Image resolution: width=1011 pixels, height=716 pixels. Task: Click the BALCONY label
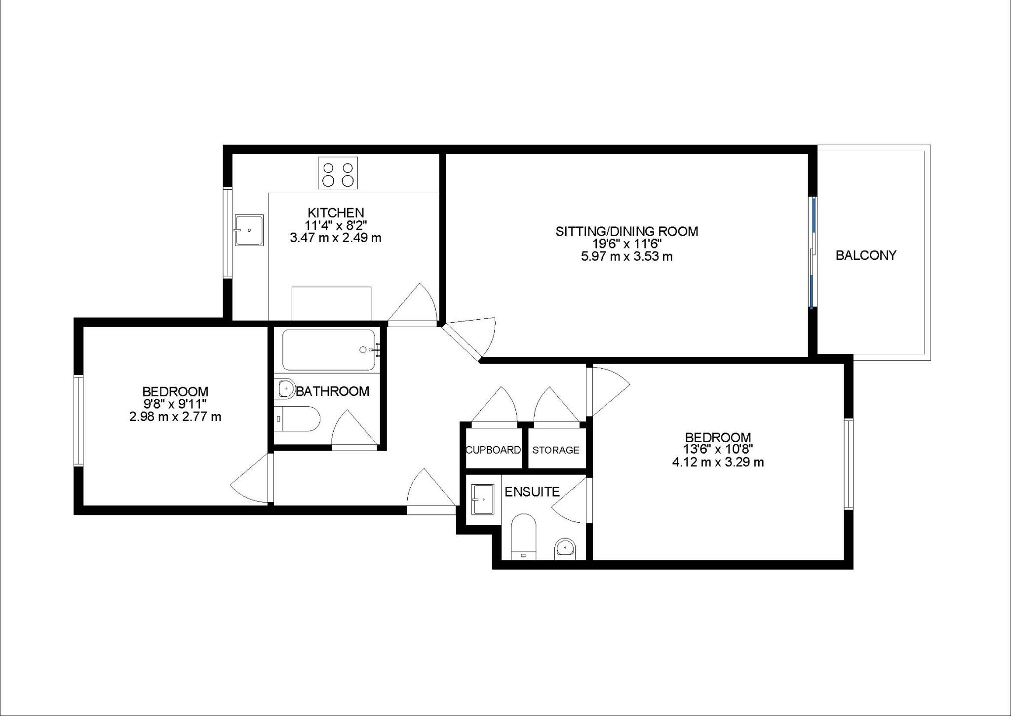[x=866, y=255]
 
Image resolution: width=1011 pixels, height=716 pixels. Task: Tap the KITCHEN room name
[x=336, y=213]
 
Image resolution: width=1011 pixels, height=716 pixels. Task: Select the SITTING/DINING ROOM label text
[x=627, y=231]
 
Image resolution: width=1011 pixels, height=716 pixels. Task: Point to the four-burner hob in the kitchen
[x=338, y=173]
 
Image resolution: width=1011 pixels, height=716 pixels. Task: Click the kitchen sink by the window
[x=249, y=230]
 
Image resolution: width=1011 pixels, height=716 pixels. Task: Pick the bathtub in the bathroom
[x=329, y=350]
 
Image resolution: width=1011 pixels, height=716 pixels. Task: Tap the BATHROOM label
[x=332, y=391]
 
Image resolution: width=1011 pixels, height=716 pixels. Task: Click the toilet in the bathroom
[x=296, y=419]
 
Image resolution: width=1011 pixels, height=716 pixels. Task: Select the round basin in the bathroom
[x=286, y=388]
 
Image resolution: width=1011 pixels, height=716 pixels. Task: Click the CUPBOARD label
[x=493, y=450]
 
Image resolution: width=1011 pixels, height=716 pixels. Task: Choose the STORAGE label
[x=556, y=450]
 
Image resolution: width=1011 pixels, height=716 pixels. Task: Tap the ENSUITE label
[x=532, y=492]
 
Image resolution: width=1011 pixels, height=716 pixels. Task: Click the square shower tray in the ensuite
[x=483, y=500]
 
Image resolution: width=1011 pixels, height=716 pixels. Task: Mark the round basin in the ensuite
[x=565, y=548]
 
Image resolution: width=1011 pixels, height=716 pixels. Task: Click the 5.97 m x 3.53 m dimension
[x=627, y=257]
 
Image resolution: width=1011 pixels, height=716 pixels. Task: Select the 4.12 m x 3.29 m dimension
[x=718, y=463]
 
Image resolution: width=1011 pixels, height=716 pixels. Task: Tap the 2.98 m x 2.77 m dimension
[x=175, y=417]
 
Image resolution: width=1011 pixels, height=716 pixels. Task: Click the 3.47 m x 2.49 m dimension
[x=336, y=238]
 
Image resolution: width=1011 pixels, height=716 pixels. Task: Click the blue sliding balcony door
[x=812, y=252]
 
